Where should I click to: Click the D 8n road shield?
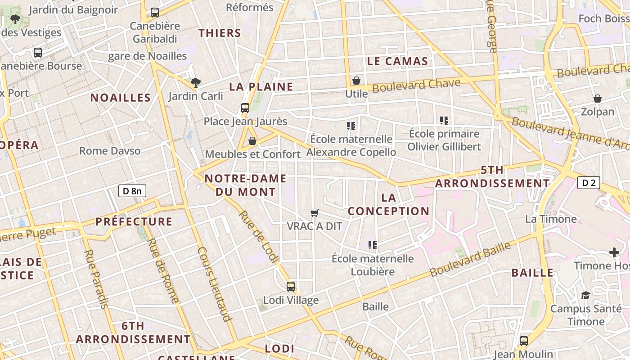132,191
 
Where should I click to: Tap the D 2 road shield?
589,183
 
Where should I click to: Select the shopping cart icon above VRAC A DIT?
315,213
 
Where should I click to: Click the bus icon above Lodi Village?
291,286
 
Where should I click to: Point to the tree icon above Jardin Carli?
195,82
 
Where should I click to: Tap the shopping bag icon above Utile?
356,81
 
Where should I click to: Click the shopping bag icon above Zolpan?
598,99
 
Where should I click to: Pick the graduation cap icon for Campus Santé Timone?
585,295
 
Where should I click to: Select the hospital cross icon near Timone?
614,252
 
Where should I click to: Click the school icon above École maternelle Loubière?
373,245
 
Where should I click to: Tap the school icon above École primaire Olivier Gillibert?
444,121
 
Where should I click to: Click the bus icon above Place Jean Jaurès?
245,108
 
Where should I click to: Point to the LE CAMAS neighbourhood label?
397,62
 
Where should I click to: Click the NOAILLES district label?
121,98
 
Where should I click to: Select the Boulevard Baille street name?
470,260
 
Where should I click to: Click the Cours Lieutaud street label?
214,284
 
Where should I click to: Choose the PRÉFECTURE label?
134,222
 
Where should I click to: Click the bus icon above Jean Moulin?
524,341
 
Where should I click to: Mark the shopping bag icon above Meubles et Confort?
252,141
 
